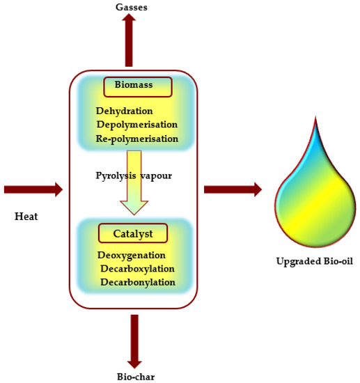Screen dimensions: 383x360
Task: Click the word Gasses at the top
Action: tap(132, 7)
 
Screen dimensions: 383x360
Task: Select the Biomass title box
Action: tap(137, 86)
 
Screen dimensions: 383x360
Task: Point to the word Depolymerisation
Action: tap(137, 124)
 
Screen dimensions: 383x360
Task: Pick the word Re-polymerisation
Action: tap(137, 139)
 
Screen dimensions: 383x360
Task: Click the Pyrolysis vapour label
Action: tap(133, 175)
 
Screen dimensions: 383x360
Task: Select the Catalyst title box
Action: tap(132, 233)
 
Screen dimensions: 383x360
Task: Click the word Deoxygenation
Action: tap(131, 256)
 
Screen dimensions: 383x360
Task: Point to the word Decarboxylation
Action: tap(137, 269)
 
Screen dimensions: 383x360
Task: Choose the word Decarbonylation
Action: tap(137, 282)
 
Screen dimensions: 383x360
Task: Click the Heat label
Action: tap(26, 217)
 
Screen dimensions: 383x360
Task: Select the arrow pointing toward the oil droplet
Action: tap(233, 189)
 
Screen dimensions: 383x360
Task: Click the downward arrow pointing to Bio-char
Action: tap(134, 341)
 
